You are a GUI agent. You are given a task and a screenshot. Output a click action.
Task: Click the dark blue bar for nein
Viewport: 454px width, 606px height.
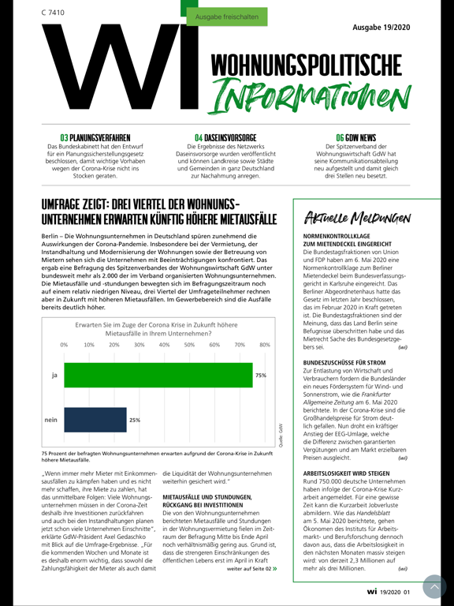[x=95, y=420]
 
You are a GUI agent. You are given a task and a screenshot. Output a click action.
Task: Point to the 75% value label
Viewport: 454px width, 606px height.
[x=260, y=376]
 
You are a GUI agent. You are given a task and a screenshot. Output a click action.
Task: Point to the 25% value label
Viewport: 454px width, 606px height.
[x=134, y=420]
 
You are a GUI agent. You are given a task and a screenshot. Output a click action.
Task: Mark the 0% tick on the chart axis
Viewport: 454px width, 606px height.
[x=65, y=345]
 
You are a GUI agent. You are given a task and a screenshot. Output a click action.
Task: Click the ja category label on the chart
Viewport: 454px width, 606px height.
[x=54, y=376]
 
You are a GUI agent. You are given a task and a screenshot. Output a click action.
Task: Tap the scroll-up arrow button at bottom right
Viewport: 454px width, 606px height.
[x=434, y=586]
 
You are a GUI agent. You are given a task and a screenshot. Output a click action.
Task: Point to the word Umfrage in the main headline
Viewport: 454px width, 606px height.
[x=67, y=204]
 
